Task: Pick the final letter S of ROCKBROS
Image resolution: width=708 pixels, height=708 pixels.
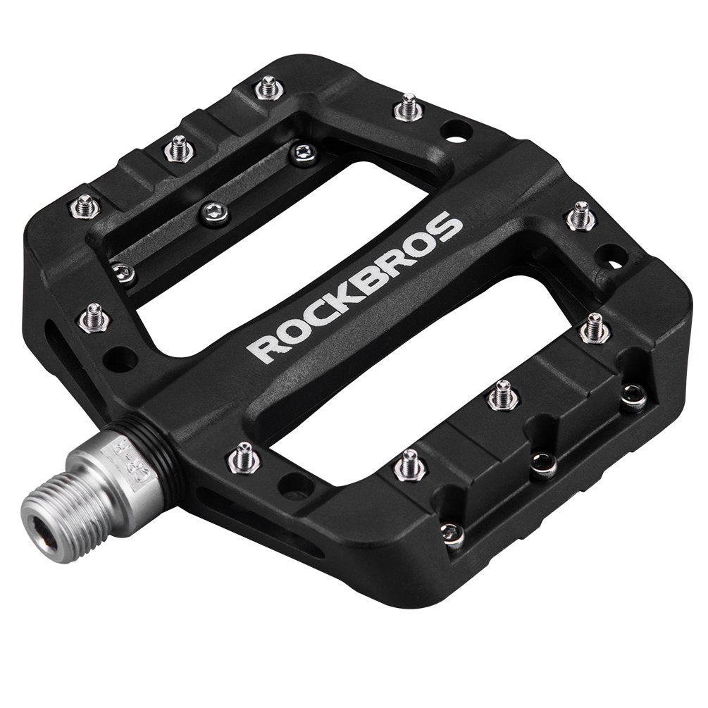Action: point(451,228)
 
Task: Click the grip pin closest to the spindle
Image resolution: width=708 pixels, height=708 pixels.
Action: point(244,459)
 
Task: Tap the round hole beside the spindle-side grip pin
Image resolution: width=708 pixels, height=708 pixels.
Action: point(292,485)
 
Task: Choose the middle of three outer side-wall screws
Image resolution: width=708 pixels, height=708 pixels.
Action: point(543,464)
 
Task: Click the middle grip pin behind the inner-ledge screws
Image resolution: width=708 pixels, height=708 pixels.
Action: point(178,147)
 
